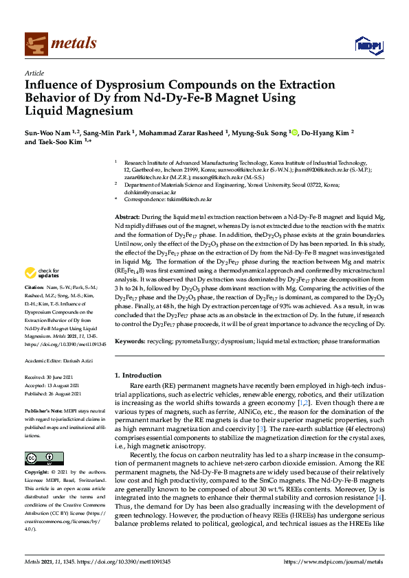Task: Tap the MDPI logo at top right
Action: [x=364, y=45]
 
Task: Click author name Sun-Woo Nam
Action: [x=47, y=132]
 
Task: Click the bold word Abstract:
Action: [x=128, y=216]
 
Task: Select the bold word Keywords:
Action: [x=131, y=340]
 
